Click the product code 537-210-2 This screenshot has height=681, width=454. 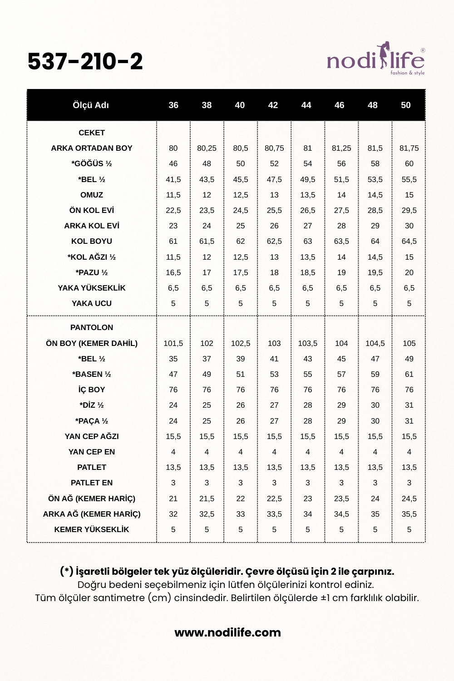pos(85,62)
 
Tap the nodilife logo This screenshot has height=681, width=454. pos(375,60)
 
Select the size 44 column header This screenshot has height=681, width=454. pos(306,105)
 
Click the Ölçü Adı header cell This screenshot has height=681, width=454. pos(91,105)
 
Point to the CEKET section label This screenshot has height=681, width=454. pos(92,133)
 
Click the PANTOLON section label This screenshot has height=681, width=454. pos(92,327)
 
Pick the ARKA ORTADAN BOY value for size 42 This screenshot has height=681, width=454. pos(274,148)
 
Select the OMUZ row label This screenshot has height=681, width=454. pos(92,195)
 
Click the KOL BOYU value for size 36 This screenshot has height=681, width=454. pos(173,241)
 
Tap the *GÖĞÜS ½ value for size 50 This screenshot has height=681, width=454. pos(409,163)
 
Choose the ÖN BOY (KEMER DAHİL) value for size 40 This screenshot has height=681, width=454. pos(241,343)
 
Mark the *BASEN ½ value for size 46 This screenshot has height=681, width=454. pos(341,374)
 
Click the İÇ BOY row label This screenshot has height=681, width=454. pos(92,390)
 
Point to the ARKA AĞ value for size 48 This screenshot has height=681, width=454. pos(375,514)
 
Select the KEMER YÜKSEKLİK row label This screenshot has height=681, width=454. pos(92,529)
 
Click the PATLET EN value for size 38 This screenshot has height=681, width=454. pos(207,483)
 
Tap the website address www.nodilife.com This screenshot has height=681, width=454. pos(227,632)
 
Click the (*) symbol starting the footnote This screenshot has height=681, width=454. pos(66,571)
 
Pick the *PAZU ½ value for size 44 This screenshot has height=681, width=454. pos(308,272)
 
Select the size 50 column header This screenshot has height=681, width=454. pos(405,105)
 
